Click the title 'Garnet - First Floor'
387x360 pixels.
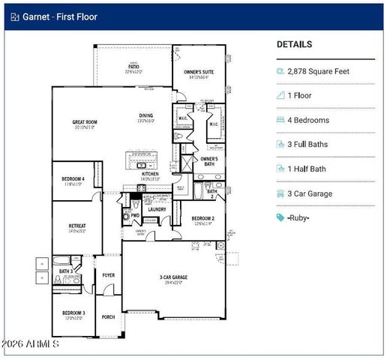click(x=54, y=16)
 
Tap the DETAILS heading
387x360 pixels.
click(x=294, y=44)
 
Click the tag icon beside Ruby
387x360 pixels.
click(x=280, y=217)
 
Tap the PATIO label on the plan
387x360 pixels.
click(x=133, y=67)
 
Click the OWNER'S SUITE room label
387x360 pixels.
click(x=198, y=72)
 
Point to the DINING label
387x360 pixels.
click(x=145, y=115)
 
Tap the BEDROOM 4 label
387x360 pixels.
click(x=73, y=178)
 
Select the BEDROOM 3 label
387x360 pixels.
click(x=73, y=312)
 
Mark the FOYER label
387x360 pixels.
click(x=109, y=275)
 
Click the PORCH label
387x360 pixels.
click(x=109, y=316)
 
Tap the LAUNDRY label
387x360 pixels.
click(x=157, y=209)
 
